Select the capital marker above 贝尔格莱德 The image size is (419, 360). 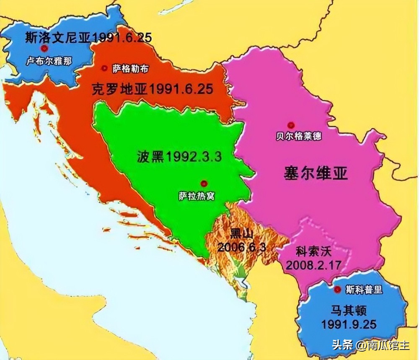tap(290, 124)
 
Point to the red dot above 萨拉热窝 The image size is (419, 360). tap(204, 183)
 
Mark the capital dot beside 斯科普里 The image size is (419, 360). tap(338, 289)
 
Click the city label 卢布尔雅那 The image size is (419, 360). tap(49, 60)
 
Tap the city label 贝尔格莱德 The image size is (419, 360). tap(299, 136)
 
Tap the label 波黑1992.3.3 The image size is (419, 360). tap(178, 157)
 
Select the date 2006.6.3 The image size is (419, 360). tap(241, 247)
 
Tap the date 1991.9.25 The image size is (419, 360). tap(349, 325)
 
